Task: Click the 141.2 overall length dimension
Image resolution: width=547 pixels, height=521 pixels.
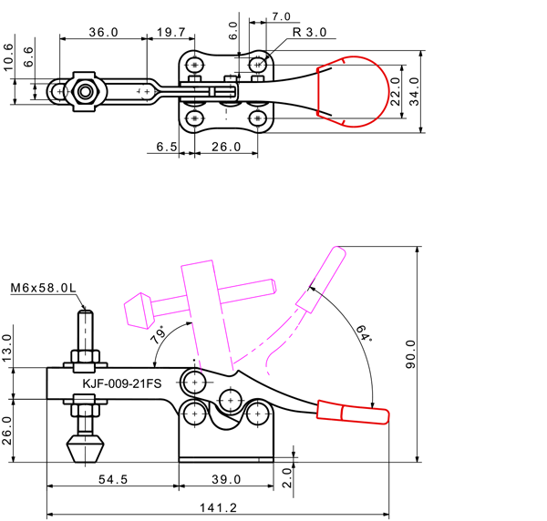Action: click(x=219, y=507)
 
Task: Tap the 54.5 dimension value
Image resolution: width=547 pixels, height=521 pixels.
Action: click(x=113, y=479)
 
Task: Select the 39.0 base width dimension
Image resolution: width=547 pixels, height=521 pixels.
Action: click(x=226, y=479)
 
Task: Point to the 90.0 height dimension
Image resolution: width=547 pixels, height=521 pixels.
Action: click(x=411, y=354)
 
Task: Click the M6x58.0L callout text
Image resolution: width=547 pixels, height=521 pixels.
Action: click(x=43, y=288)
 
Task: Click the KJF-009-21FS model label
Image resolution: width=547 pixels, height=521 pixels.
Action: click(x=122, y=383)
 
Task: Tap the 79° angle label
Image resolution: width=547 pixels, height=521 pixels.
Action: click(x=159, y=334)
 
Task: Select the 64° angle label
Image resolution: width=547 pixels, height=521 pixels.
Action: click(x=364, y=333)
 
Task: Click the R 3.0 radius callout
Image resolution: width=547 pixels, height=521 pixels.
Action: click(x=309, y=33)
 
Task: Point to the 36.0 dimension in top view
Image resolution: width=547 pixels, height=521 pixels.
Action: click(x=104, y=33)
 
